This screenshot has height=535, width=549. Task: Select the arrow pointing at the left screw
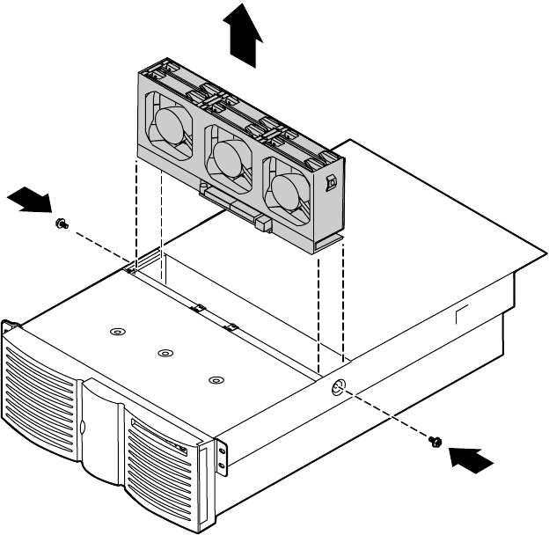[28, 201]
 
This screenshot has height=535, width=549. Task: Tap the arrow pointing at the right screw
[467, 458]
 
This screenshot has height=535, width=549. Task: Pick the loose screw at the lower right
[435, 442]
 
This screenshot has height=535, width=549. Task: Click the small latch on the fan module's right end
[332, 184]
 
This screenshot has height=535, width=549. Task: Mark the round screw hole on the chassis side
[340, 389]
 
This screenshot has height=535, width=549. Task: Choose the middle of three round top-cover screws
[163, 354]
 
